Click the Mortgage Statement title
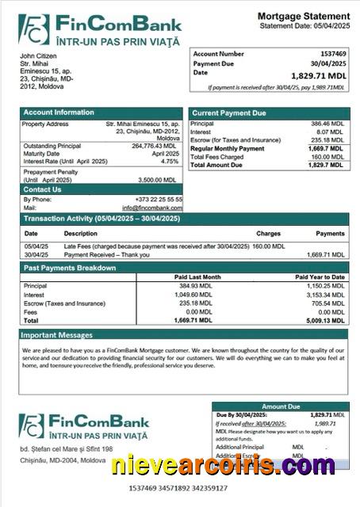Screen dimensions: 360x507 (304, 16)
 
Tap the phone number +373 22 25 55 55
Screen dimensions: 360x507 (159, 199)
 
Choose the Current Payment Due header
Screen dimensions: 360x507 (229, 113)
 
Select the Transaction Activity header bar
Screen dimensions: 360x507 (101, 218)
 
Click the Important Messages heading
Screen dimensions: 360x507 (58, 334)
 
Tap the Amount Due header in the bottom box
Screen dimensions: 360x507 (281, 406)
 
